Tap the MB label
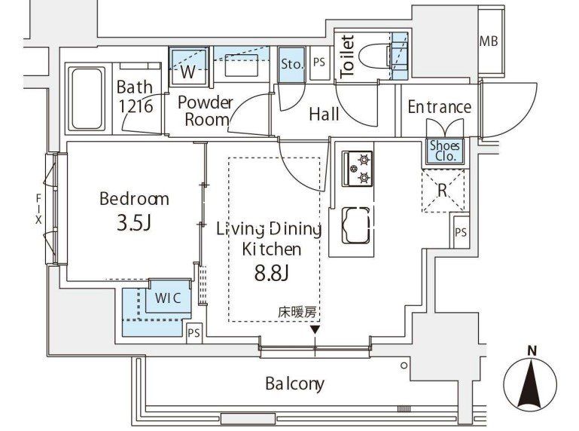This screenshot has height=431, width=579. (489, 41)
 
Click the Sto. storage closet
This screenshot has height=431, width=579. (291, 65)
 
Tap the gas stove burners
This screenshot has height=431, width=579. (358, 168)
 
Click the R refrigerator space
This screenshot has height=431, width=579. (443, 191)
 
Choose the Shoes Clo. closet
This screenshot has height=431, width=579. (445, 151)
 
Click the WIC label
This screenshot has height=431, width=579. (168, 298)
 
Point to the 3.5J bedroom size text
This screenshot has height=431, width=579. (134, 222)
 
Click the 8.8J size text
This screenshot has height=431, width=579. (271, 274)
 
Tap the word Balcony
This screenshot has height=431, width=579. (294, 384)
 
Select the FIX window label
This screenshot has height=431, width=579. (38, 209)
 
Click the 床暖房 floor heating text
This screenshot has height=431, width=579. (297, 313)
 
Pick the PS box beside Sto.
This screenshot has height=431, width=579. (319, 62)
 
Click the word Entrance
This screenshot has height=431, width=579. (440, 107)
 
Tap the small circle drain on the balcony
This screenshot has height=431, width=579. (404, 365)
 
